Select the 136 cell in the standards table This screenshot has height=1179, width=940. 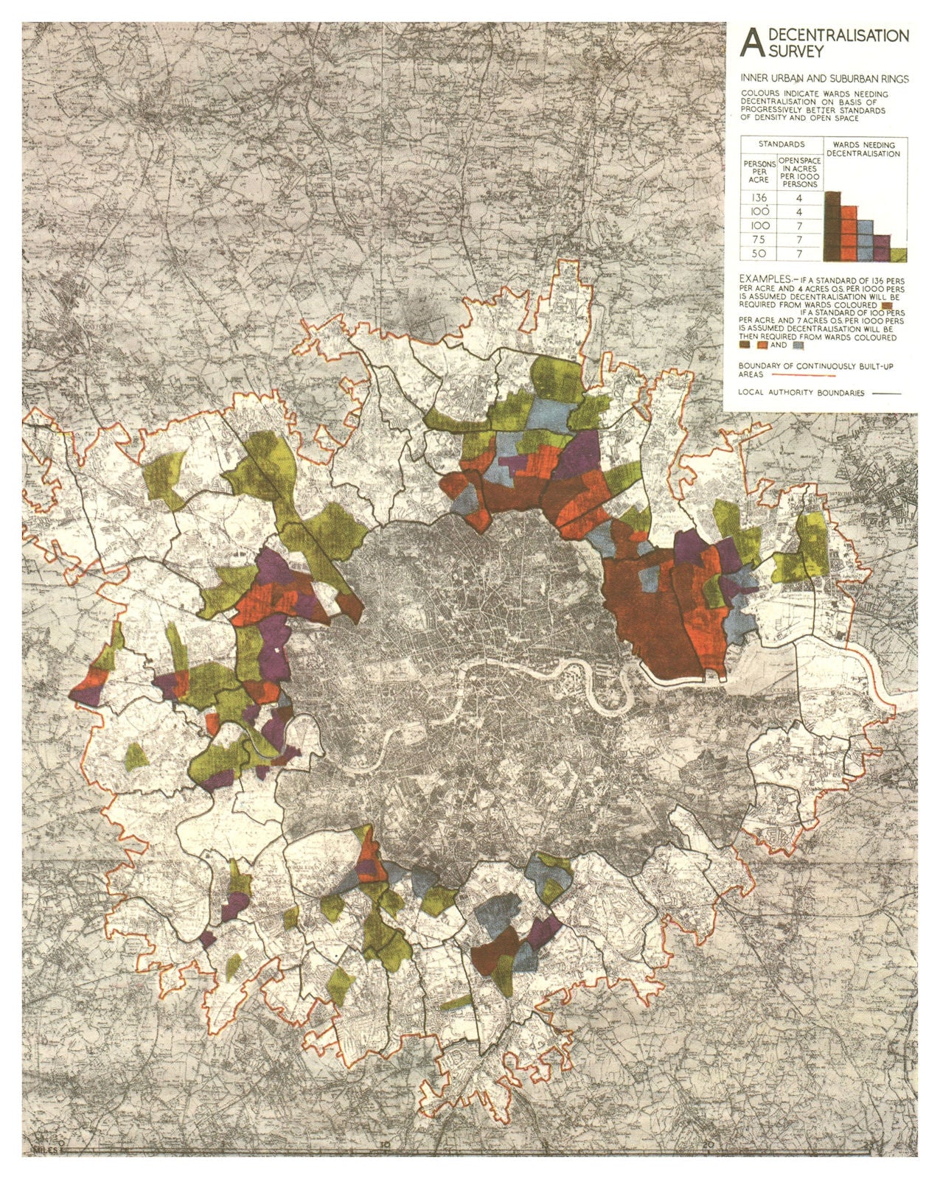point(758,198)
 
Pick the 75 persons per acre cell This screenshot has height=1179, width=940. point(758,240)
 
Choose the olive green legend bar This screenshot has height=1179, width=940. point(898,255)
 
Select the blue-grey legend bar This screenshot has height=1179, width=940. point(865,239)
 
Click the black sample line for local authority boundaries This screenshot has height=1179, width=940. point(887,393)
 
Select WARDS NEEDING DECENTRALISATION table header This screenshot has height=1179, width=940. point(866,150)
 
